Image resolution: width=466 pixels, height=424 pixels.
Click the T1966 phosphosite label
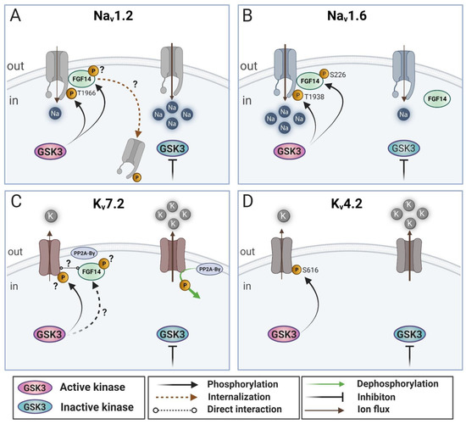(86, 93)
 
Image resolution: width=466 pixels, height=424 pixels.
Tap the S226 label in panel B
(338, 75)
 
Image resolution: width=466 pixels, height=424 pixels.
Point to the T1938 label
(314, 97)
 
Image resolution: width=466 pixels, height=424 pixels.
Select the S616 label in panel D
(311, 271)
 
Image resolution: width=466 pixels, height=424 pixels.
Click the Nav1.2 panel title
(114, 16)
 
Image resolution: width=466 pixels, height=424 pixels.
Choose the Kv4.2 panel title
(347, 204)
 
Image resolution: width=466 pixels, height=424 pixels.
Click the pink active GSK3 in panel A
(51, 152)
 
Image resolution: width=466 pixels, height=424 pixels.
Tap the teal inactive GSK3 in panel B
(403, 148)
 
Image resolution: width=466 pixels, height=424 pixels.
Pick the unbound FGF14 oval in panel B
(437, 98)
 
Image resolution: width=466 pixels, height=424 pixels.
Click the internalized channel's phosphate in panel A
(136, 177)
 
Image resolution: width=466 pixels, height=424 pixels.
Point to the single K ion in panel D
(283, 215)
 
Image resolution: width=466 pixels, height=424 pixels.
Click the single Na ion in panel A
(55, 114)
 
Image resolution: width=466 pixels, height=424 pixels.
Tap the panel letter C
(16, 202)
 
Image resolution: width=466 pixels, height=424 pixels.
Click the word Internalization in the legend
(239, 397)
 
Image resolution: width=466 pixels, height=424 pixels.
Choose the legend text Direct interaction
(244, 409)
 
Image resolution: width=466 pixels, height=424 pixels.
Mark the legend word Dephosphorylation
(397, 384)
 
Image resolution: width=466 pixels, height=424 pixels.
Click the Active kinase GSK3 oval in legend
(35, 388)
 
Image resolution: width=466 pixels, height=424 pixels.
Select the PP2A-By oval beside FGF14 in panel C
(85, 254)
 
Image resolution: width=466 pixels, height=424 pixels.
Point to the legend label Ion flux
(374, 410)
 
